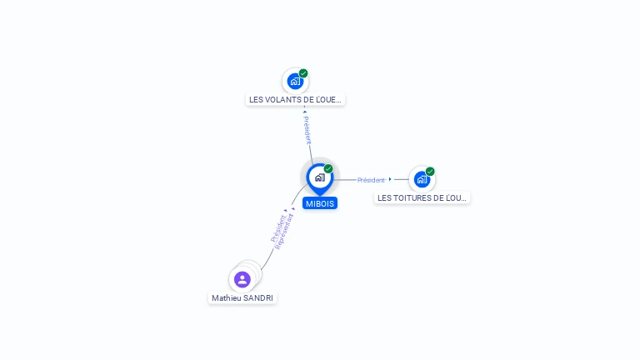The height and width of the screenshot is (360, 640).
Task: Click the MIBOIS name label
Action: coord(320,203)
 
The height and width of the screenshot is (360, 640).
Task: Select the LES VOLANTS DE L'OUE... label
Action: coord(296,100)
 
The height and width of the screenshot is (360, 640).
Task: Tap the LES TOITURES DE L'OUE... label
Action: coord(422,198)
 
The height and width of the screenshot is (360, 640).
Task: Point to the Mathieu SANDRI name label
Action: coord(242,298)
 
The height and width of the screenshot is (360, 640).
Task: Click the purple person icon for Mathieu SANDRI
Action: coord(242,279)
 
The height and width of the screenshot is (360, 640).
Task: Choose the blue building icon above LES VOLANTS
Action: coord(294,82)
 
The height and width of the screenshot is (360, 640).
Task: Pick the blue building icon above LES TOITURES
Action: coord(422,179)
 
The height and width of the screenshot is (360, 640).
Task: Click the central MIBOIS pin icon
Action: coord(319,177)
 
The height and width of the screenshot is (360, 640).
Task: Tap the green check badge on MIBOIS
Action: coord(328,169)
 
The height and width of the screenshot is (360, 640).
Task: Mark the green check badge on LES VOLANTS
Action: coord(303,73)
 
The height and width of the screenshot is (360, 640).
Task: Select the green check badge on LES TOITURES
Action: coord(430,172)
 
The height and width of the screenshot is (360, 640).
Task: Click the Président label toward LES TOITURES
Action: coord(371,180)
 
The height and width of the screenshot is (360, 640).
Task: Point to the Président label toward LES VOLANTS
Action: coord(307,129)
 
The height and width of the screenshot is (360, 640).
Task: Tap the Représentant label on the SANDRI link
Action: coord(284,232)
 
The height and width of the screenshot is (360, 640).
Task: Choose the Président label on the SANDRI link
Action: coord(277,228)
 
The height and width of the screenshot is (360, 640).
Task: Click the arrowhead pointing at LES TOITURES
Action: coord(390,179)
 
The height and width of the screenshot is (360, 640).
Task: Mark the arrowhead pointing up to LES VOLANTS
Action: coord(304,111)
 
